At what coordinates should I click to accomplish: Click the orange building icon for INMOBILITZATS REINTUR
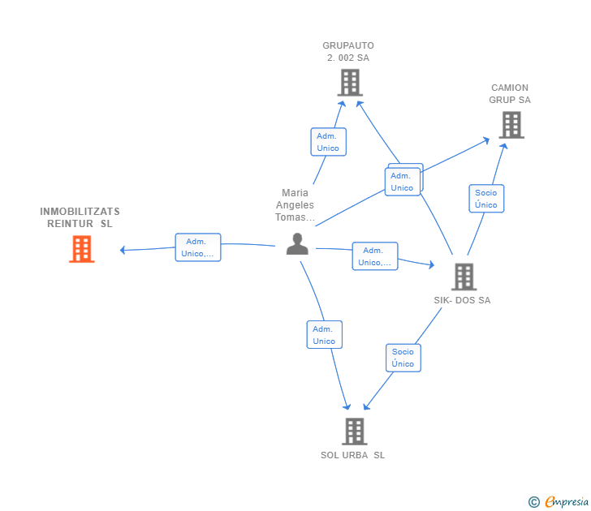tap(82, 249)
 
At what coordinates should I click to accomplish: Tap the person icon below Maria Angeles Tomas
tap(297, 244)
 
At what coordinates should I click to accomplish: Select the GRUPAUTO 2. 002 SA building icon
tap(350, 83)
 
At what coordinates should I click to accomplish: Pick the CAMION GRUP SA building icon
tap(511, 125)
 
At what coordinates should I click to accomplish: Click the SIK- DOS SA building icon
tap(464, 277)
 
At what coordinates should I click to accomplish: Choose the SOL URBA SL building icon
tap(355, 432)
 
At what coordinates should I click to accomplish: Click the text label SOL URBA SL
tap(353, 455)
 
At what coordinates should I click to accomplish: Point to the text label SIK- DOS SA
tap(462, 300)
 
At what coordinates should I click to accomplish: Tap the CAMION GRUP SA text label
tap(510, 94)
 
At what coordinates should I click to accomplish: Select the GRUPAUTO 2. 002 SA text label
tap(348, 52)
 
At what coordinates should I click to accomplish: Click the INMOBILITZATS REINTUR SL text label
tap(80, 217)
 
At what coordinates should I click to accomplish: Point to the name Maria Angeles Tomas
tap(295, 205)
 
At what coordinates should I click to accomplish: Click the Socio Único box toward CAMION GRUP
tap(486, 199)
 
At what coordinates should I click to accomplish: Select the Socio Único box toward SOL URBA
tap(403, 358)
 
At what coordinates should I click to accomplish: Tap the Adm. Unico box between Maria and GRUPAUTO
tap(328, 142)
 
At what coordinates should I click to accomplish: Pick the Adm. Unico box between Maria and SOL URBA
tap(325, 335)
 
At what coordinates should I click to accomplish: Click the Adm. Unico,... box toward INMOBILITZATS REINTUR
tap(198, 247)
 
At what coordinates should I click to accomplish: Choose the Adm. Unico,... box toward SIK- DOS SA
tap(375, 256)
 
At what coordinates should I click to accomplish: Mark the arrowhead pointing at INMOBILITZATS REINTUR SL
tap(123, 250)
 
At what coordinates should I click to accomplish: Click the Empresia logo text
tap(567, 501)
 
